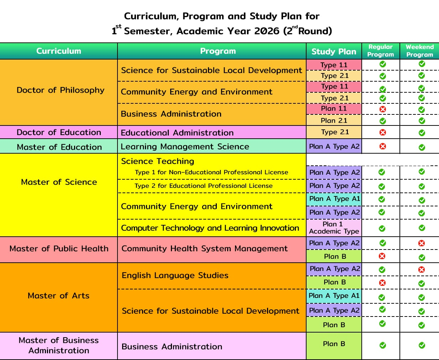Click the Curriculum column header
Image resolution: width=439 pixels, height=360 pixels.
click(x=59, y=51)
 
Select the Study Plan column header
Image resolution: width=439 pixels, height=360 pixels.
click(x=334, y=52)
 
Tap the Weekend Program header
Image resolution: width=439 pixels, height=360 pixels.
click(x=419, y=51)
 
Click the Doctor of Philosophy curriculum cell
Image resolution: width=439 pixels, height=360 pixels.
click(x=61, y=90)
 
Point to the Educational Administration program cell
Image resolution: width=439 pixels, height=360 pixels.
click(x=177, y=133)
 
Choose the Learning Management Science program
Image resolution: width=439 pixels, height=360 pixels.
click(x=185, y=146)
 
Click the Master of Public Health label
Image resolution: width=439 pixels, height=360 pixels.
click(x=59, y=248)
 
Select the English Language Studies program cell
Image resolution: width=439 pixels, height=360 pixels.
click(x=175, y=275)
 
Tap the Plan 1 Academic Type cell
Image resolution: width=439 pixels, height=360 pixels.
click(x=334, y=228)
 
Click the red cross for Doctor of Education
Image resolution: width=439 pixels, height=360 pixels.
click(x=383, y=132)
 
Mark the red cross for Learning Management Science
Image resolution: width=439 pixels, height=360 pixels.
click(x=383, y=146)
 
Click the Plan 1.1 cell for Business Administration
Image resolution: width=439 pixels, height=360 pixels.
click(x=334, y=108)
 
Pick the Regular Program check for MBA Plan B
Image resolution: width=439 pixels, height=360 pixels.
click(x=383, y=345)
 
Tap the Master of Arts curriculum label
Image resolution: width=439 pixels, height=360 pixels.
click(x=58, y=295)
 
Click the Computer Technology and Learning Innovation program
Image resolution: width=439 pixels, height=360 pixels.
click(x=210, y=228)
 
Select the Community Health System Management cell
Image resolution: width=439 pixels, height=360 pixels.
click(x=204, y=248)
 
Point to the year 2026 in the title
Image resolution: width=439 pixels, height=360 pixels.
click(x=267, y=31)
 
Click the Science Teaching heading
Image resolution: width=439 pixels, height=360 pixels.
click(x=157, y=161)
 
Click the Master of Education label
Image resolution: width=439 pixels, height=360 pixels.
click(x=59, y=147)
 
